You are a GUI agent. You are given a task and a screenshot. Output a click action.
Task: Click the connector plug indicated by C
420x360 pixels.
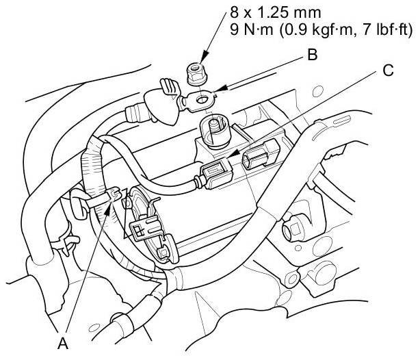tap(216, 173)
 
